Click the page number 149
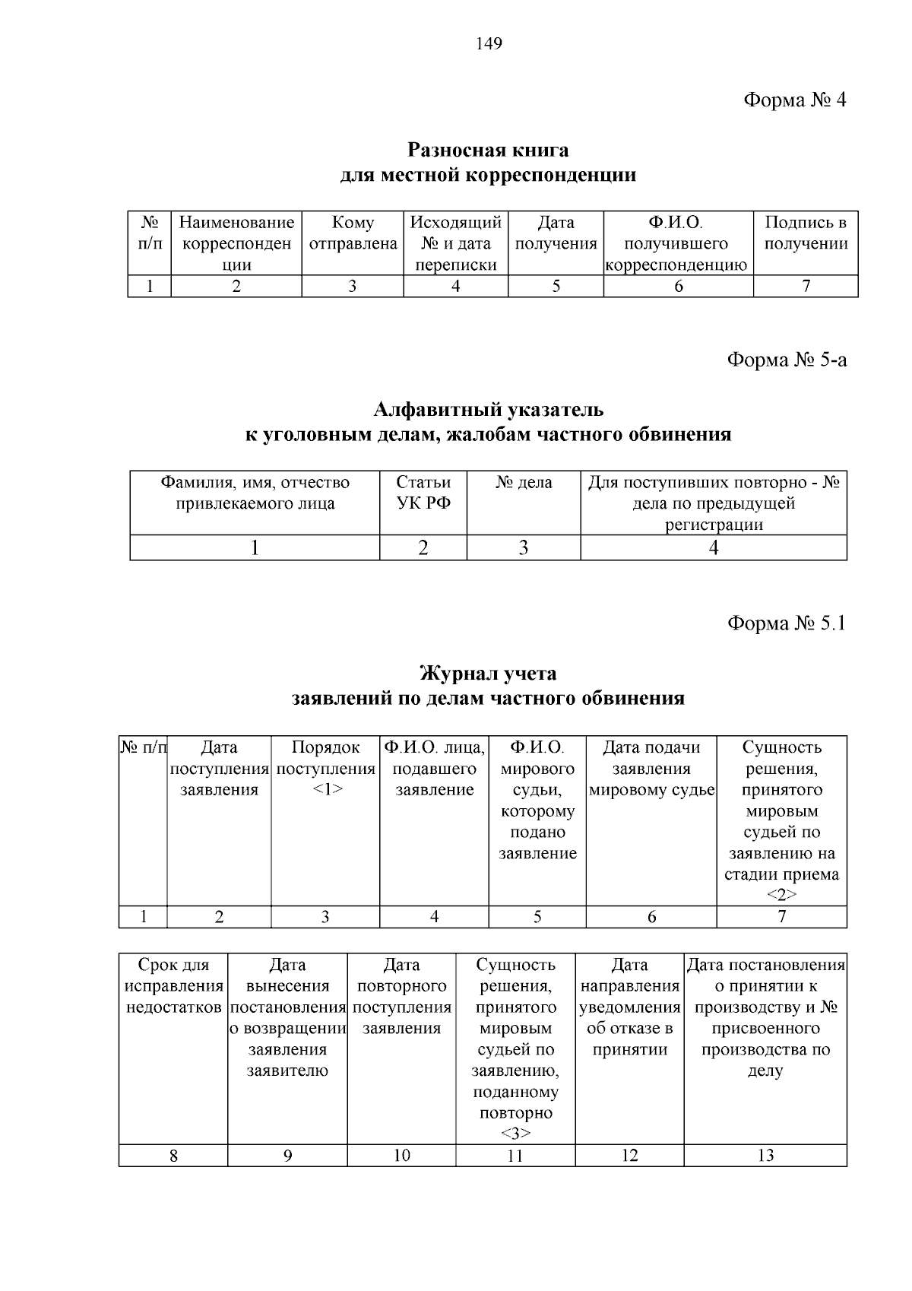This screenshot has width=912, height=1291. point(489,44)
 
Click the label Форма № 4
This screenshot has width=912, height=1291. point(794,100)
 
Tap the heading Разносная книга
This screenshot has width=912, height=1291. point(488,149)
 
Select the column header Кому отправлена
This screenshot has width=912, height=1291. point(353,233)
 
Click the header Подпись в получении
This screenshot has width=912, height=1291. point(806,233)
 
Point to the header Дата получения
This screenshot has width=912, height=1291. point(556,233)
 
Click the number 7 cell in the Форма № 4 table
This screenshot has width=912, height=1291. point(806,287)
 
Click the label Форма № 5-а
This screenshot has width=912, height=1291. point(787,360)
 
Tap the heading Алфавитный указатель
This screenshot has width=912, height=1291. point(488,410)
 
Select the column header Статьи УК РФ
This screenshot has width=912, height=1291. point(423,493)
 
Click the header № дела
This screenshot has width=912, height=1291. point(524,483)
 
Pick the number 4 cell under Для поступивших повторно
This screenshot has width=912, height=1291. point(714,548)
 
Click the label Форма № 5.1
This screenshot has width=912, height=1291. point(787,623)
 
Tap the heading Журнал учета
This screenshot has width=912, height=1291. point(488,674)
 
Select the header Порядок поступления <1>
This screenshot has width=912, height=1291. point(325,768)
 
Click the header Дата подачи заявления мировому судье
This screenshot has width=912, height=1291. point(651,768)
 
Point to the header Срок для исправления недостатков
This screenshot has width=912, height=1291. point(173,986)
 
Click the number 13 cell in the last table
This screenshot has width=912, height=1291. point(765,1156)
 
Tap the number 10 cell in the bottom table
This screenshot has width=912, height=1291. point(401,1156)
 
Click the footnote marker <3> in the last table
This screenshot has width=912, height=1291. point(515,1134)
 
